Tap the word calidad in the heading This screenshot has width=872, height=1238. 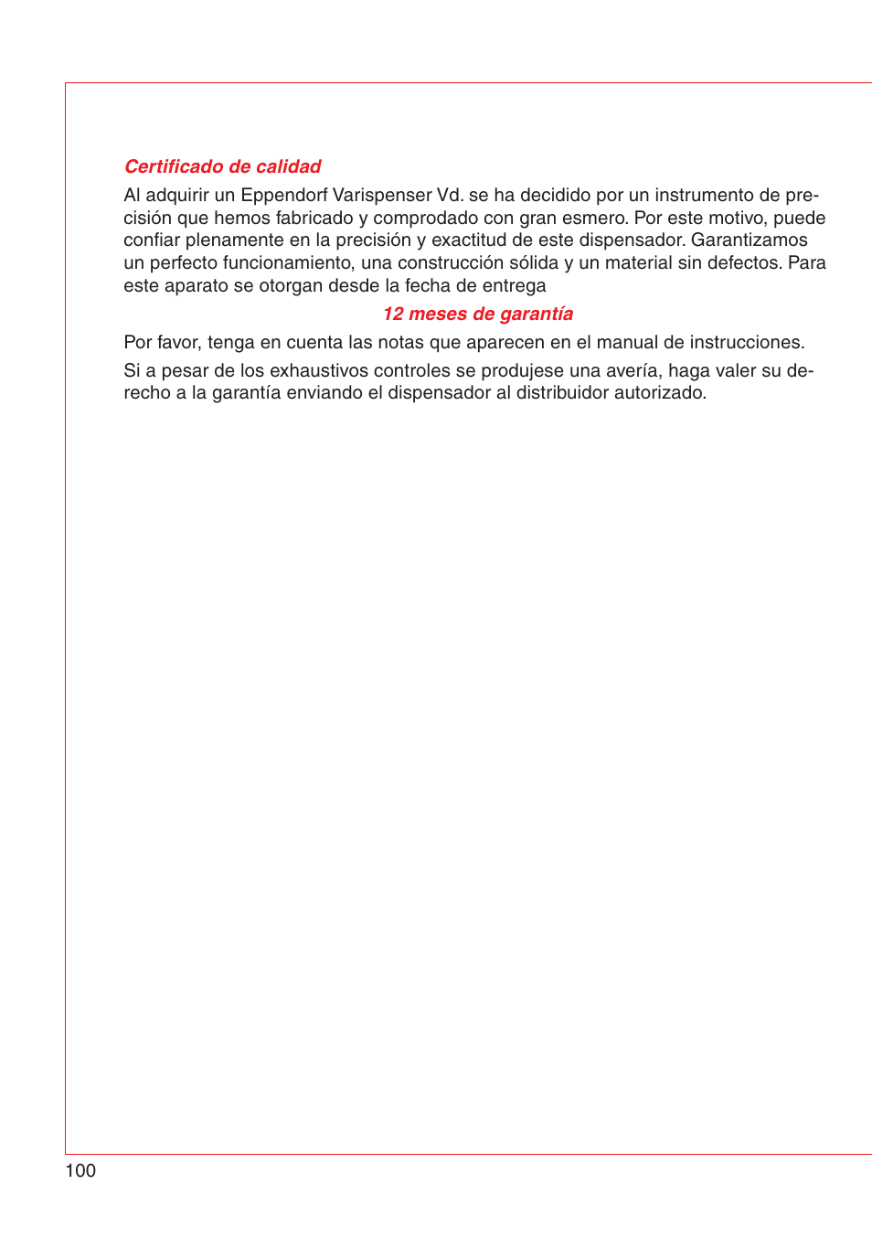288,166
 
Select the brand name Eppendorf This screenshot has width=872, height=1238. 283,195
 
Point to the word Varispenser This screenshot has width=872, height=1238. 382,195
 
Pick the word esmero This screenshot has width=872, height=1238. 597,218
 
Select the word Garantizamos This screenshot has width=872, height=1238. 749,240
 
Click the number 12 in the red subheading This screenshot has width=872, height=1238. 393,314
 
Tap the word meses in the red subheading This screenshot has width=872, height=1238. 438,314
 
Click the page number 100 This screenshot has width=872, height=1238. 80,1170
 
